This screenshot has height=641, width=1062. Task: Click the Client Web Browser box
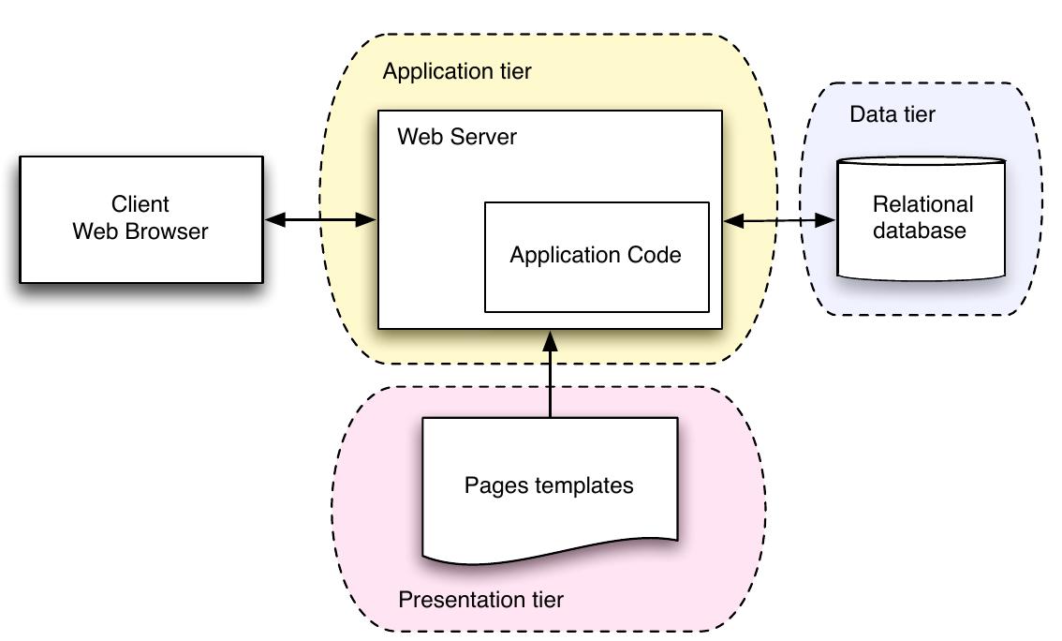click(140, 219)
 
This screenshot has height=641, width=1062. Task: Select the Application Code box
click(596, 256)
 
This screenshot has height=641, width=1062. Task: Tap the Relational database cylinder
click(922, 219)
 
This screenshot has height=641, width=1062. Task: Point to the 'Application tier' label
click(457, 71)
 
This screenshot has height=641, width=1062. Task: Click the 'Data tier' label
click(892, 114)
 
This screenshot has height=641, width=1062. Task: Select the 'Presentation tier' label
click(481, 600)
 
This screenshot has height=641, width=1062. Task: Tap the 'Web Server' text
click(456, 137)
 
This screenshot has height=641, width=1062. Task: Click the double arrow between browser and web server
click(320, 220)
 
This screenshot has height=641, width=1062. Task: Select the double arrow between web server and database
click(779, 221)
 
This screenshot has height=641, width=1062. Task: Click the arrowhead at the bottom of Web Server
click(551, 340)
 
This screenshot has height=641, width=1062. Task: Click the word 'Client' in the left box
click(140, 204)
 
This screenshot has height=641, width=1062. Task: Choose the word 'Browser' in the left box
click(168, 231)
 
